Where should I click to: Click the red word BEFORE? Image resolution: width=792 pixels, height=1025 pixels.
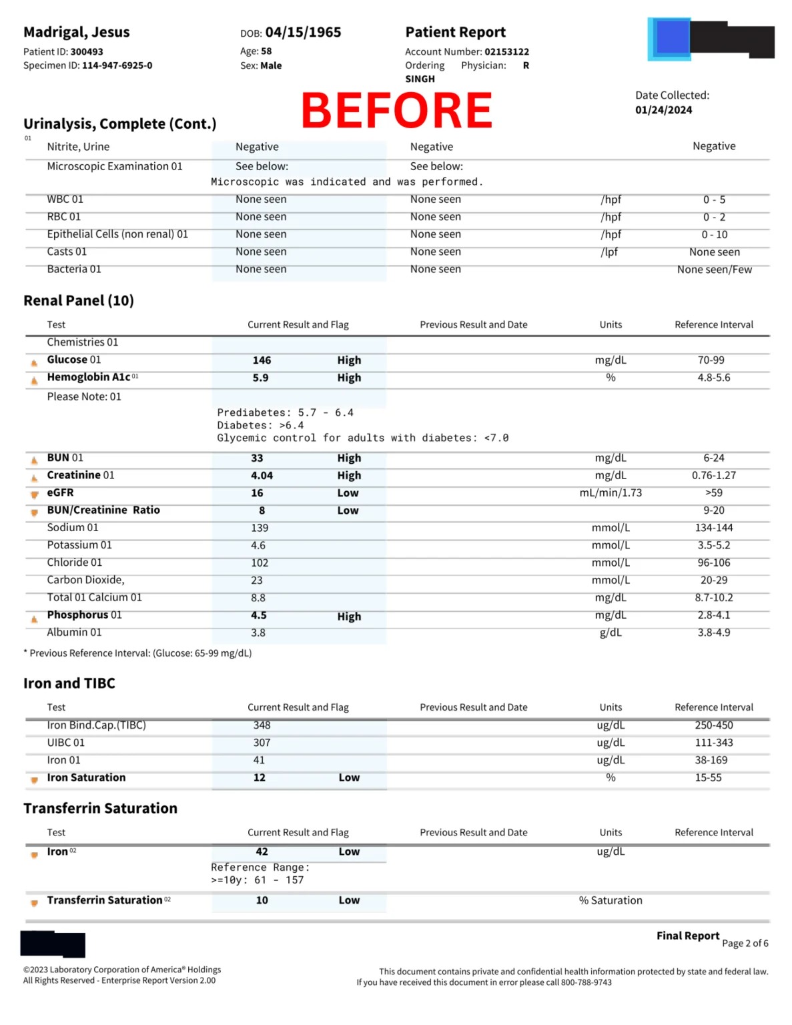(x=396, y=111)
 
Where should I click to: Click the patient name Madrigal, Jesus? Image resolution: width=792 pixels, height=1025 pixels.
(x=76, y=32)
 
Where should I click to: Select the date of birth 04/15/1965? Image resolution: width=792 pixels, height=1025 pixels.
(x=303, y=32)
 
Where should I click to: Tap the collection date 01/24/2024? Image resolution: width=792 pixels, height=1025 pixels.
(x=663, y=110)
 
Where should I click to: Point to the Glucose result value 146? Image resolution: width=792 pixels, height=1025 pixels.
(x=262, y=360)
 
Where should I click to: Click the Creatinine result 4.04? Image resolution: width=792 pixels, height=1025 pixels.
(x=262, y=476)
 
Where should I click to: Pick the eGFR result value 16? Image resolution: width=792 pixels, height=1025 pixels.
(x=257, y=493)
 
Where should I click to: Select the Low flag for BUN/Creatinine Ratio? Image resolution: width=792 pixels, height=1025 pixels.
(x=348, y=510)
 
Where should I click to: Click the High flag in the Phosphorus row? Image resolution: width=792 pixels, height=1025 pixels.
(x=349, y=617)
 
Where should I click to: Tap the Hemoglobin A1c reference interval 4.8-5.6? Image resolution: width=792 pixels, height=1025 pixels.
(x=713, y=378)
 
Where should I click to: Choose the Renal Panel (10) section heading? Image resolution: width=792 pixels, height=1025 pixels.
(x=79, y=300)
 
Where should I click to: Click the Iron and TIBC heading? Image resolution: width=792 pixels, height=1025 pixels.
(x=69, y=683)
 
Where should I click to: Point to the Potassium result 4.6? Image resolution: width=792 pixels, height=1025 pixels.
(x=258, y=545)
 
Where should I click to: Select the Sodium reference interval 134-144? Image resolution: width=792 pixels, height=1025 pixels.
(x=713, y=528)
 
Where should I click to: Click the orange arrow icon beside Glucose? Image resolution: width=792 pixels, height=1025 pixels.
(x=34, y=363)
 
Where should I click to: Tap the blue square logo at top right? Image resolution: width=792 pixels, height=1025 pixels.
(x=670, y=39)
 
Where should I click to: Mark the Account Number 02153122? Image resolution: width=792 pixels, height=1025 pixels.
(x=506, y=51)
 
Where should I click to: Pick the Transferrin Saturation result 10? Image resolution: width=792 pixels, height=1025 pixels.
(x=262, y=900)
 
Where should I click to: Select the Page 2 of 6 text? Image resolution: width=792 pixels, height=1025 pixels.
(x=745, y=943)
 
